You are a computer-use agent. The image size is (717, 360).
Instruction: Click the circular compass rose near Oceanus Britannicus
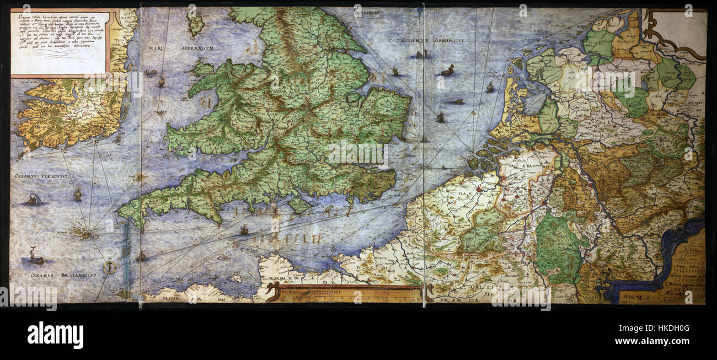(111, 267)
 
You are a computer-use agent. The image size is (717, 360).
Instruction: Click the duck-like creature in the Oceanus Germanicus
(447, 71)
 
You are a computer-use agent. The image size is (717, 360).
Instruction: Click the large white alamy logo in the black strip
(55, 335)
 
